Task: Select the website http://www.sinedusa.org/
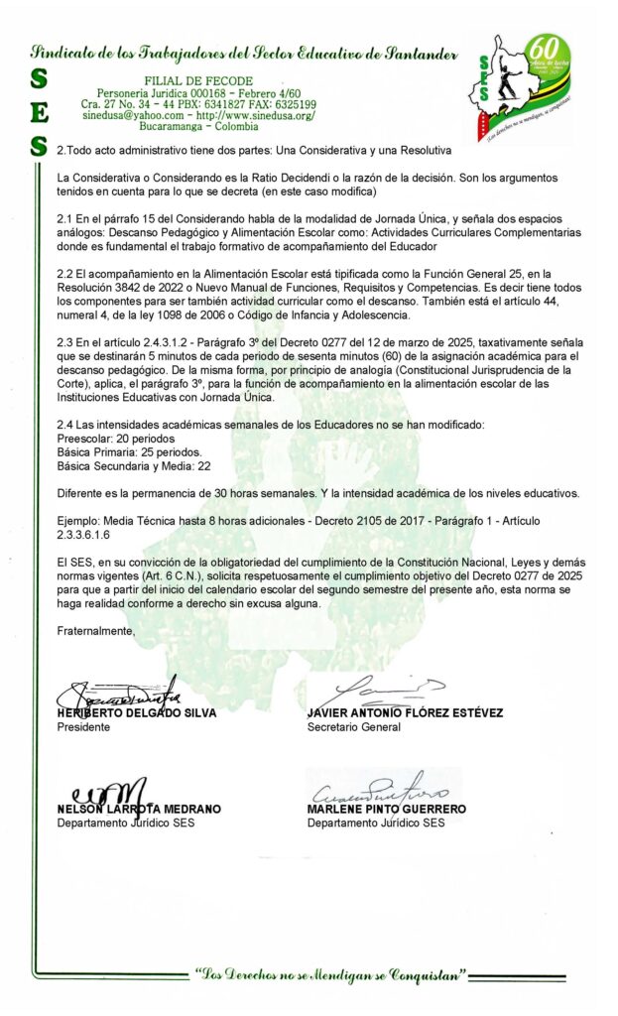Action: pos(252,116)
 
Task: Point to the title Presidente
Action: pos(84,727)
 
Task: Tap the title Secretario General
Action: pos(354,727)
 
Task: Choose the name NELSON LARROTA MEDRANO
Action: pos(139,809)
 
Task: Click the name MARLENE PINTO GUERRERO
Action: pos(387,809)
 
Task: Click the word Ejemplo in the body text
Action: pos(79,521)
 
